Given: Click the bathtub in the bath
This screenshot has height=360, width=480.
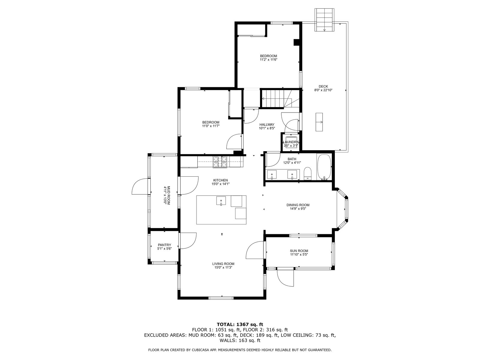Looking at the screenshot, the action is tap(324, 167).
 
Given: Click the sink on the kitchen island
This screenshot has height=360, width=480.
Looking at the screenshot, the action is tap(221, 201).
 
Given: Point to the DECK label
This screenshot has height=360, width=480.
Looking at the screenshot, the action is tap(323, 87).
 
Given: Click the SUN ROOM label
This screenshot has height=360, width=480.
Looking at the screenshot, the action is tap(299, 251).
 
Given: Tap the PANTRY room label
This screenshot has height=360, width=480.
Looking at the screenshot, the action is tap(164, 245).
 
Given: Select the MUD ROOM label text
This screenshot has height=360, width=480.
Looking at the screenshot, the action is tap(169, 195).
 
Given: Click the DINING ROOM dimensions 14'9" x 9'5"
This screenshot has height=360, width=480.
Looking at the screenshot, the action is tap(298, 209).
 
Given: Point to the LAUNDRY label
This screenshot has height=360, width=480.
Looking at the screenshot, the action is tap(291, 142).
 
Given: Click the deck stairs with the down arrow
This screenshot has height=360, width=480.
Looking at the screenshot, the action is tap(324, 20).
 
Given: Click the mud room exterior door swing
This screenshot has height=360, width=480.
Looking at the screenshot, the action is tap(140, 186).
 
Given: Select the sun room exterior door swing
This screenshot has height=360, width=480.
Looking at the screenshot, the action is tap(285, 278).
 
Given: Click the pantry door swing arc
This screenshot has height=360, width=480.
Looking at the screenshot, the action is tap(187, 241).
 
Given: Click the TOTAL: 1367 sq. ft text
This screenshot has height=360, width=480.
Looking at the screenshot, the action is tap(240, 324).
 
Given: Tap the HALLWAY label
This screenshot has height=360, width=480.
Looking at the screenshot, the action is tap(267, 124).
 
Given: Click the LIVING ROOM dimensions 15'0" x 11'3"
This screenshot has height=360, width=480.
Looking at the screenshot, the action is tap(223, 267).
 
